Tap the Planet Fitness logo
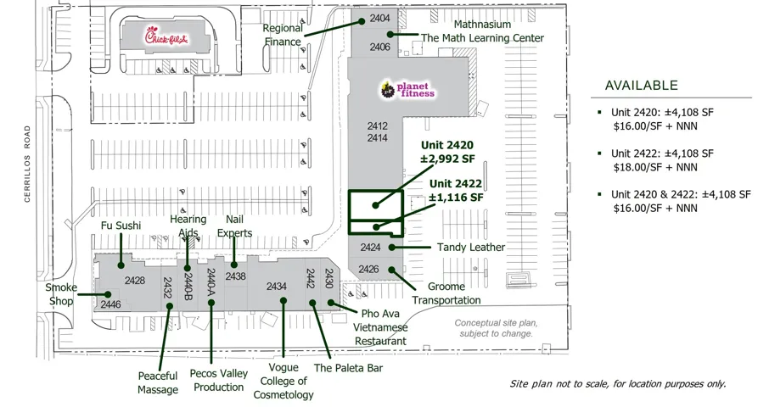point(407,88)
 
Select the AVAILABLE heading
point(641,86)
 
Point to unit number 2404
point(379,19)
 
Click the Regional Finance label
point(283,35)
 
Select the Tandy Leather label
point(471,248)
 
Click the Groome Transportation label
point(446,293)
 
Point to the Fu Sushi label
point(121,226)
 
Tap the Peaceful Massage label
point(158,382)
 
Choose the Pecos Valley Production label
point(218,380)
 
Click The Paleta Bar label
point(348,368)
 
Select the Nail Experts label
point(234,226)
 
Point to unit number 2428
point(134,281)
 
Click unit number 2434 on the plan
point(277,287)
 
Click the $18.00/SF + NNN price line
point(654,169)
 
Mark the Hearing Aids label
point(188,226)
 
